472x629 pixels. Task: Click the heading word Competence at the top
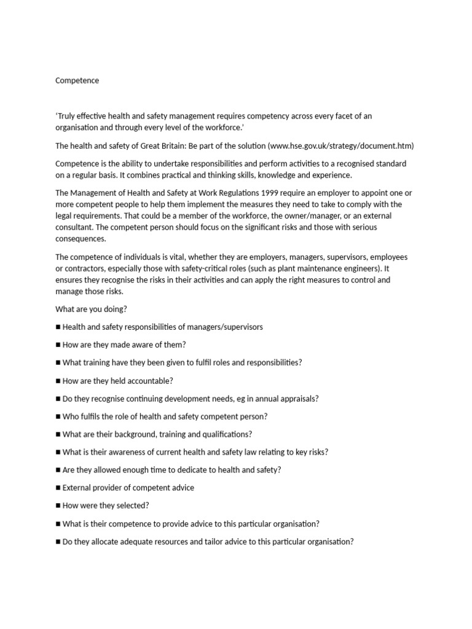pyautogui.click(x=77, y=80)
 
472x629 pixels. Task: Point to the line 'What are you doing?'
pyautogui.click(x=91, y=309)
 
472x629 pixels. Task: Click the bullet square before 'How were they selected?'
pyautogui.click(x=58, y=506)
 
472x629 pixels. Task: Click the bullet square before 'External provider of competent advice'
pyautogui.click(x=58, y=488)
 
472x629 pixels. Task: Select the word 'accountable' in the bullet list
pyautogui.click(x=150, y=381)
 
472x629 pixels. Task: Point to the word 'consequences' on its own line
pyautogui.click(x=81, y=239)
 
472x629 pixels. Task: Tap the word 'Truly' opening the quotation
pyautogui.click(x=68, y=116)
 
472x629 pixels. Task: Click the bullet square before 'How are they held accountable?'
pyautogui.click(x=58, y=381)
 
